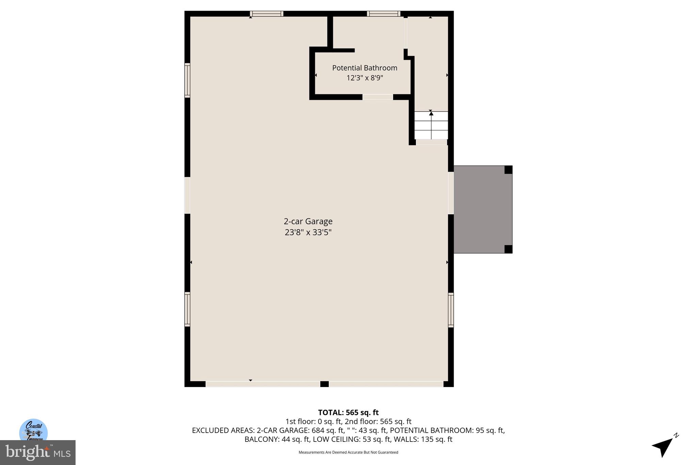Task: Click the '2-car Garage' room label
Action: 308,221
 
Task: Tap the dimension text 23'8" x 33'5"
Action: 308,233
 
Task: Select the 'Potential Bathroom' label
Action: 364,68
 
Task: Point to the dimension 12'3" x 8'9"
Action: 364,78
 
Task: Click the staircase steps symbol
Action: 431,125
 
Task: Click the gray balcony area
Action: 480,210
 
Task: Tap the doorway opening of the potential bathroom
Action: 377,97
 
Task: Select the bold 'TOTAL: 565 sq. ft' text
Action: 348,413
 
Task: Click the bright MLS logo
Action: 38,452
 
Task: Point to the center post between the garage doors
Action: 324,384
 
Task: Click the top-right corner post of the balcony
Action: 508,170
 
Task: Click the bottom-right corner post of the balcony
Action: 508,249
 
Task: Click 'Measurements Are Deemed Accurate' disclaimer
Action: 348,452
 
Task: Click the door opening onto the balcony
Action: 451,193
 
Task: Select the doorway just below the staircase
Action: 431,142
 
